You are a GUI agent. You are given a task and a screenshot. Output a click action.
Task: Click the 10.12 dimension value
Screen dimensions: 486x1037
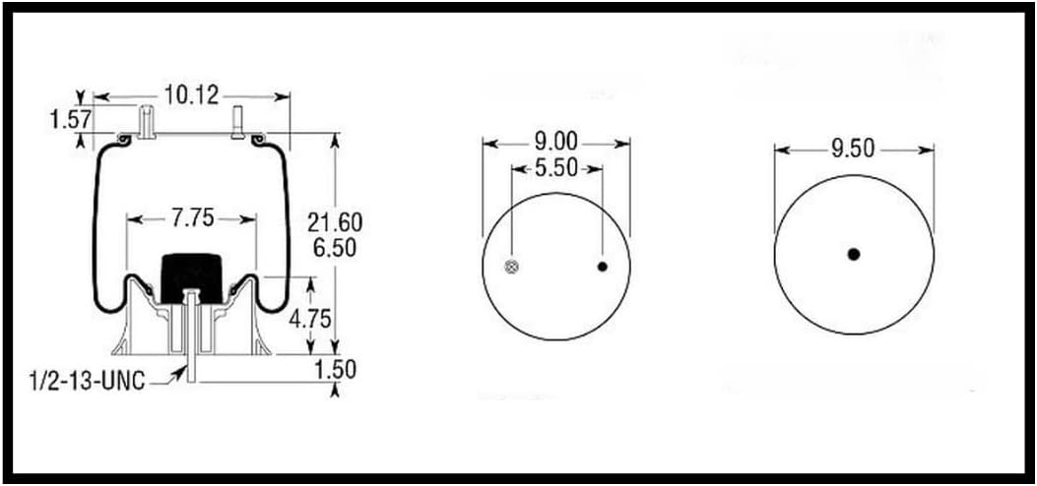193,94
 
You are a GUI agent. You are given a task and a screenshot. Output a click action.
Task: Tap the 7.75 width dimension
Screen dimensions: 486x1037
192,218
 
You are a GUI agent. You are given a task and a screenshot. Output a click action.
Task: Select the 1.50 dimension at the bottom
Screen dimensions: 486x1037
336,369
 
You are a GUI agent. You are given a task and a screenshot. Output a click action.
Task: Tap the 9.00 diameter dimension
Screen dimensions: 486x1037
556,142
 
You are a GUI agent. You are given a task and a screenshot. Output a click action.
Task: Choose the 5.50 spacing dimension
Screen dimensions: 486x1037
556,168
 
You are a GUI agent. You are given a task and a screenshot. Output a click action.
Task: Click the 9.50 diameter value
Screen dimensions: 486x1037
853,150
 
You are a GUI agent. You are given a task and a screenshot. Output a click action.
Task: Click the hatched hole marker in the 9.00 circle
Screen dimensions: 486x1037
512,267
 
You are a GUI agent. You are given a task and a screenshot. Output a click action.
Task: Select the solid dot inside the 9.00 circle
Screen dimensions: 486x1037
603,267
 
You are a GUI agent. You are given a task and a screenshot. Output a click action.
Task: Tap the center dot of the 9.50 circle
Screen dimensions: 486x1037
854,254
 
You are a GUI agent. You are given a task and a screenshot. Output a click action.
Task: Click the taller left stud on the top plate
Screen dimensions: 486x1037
148,123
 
